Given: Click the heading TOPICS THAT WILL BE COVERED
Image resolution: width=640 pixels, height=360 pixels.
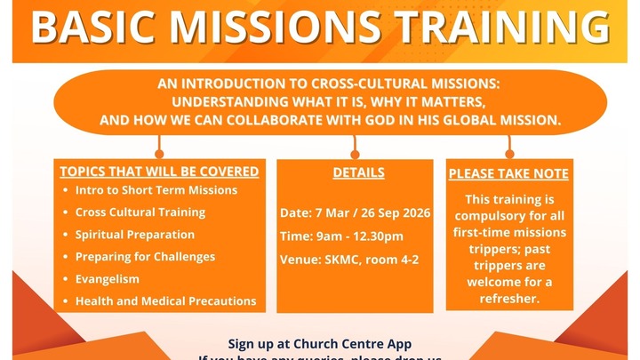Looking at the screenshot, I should coord(159,172).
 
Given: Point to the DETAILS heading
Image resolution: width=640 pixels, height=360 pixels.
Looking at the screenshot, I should coord(358,172).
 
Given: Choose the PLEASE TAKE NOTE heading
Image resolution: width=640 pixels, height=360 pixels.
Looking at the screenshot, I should coord(508,174).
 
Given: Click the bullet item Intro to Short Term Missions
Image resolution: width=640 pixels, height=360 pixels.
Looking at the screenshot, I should coord(156,190).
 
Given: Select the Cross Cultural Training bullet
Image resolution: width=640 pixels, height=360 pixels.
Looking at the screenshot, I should coord(140,212).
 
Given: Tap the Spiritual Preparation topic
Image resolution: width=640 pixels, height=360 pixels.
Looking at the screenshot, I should coord(135,235).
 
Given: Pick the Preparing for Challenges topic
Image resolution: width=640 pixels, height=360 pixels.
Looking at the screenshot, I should coord(145,257).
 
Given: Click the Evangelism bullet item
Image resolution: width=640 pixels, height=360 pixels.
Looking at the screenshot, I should coord(108,279).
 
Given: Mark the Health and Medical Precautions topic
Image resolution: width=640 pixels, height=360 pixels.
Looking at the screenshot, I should coord(165,301).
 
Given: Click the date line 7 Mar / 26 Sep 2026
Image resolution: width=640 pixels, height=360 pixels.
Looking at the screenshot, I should coord(355,213).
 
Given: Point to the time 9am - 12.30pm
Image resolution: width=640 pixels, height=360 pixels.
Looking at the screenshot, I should coord(341,236).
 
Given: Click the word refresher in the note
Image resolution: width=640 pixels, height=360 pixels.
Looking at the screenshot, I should coord(508,300).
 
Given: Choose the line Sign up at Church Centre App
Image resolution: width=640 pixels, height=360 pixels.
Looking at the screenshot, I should coord(320,344).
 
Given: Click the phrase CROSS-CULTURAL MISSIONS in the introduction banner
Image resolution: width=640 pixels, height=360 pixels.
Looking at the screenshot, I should coord(413,83).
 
